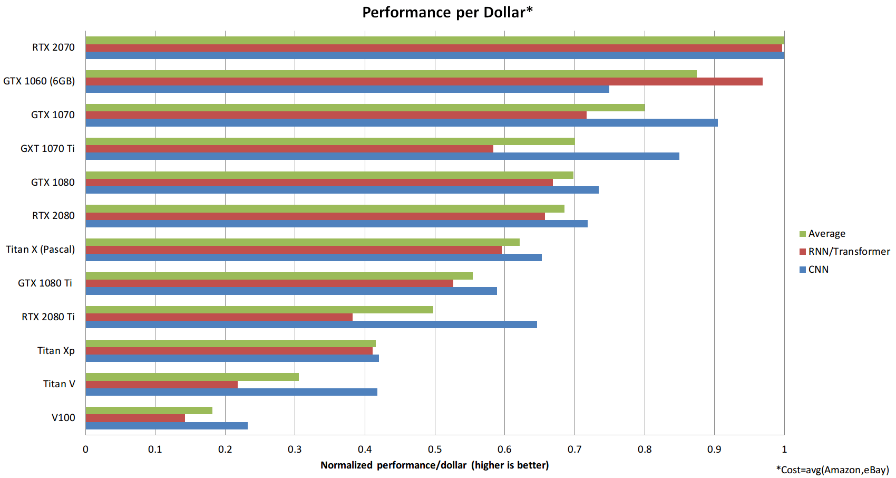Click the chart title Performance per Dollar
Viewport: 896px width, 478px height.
447,12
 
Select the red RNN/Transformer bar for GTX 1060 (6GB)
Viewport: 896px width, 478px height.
424,81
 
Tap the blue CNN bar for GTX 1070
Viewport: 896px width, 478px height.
401,122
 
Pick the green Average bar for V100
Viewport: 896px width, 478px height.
149,410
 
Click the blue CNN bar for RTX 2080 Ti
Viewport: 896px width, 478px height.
311,324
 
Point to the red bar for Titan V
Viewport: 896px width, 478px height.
161,385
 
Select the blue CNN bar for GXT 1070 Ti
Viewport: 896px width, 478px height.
382,156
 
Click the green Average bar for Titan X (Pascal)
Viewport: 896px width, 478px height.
302,242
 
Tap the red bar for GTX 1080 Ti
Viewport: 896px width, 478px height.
269,283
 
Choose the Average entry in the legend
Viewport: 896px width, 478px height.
826,234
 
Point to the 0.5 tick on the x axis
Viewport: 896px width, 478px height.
435,450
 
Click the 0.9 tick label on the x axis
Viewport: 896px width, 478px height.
714,450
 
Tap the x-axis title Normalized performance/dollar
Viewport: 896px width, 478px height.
434,465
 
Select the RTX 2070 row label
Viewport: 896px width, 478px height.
53,47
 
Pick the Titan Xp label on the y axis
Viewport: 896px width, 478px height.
56,351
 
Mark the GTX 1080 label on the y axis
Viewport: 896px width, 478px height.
53,183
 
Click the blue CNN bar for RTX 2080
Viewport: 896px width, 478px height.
336,224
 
